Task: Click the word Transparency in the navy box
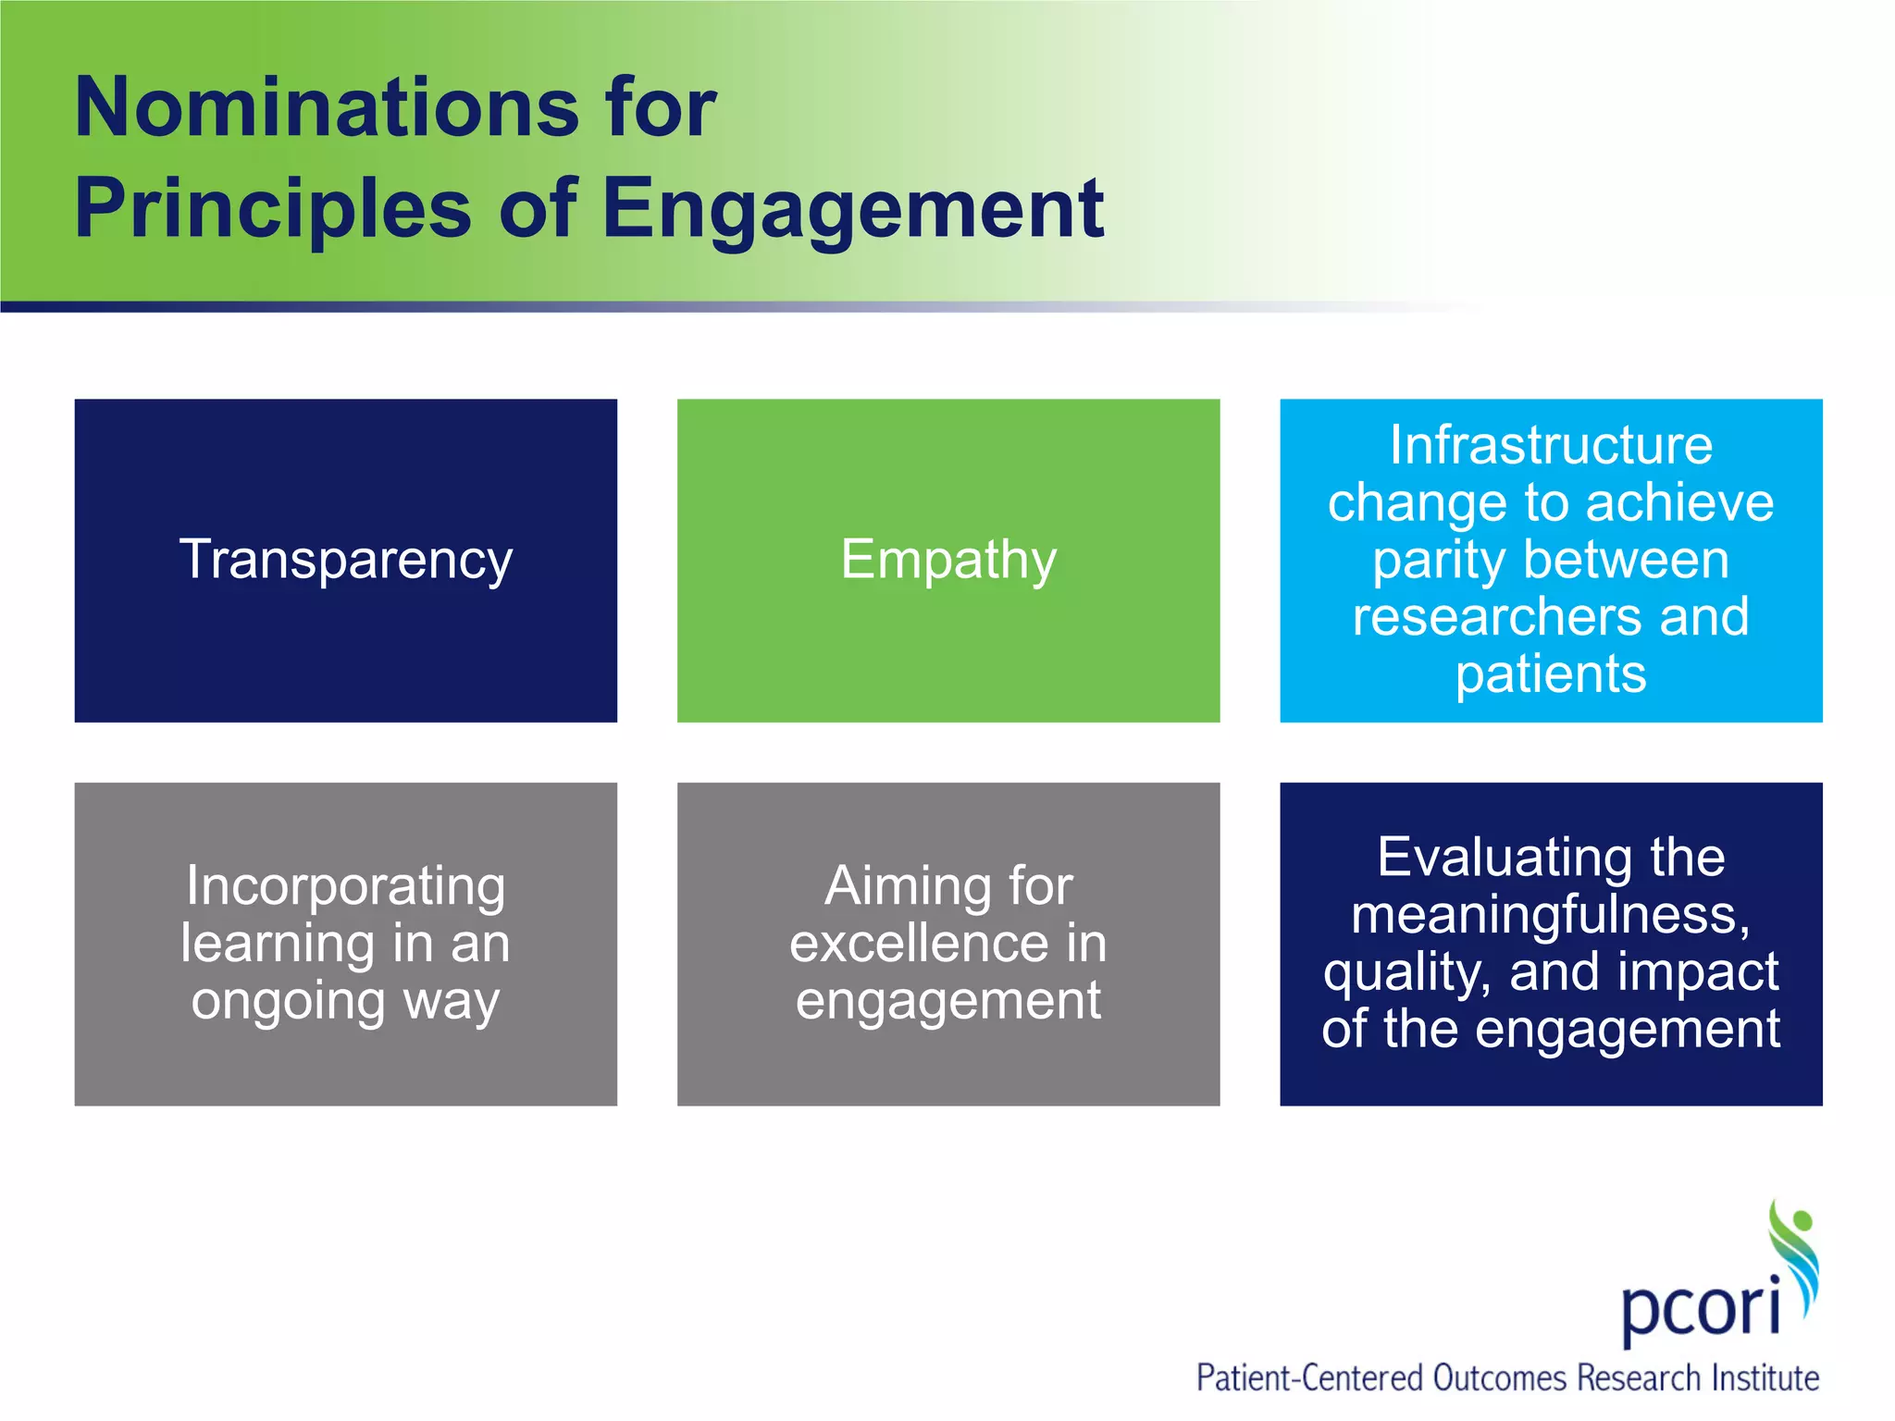click(345, 560)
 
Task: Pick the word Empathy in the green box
click(948, 560)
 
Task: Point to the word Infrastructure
click(1551, 445)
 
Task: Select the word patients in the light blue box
click(1551, 673)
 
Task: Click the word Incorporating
click(345, 885)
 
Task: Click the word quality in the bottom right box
click(1405, 972)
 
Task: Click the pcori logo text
click(1701, 1307)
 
